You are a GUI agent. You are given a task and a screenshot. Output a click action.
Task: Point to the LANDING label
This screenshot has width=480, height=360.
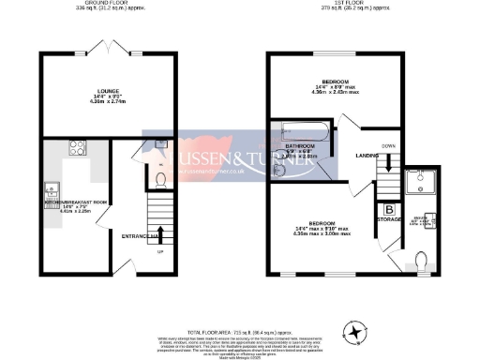click(352, 156)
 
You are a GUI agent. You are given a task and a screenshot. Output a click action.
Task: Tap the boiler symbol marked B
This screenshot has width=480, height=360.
click(388, 210)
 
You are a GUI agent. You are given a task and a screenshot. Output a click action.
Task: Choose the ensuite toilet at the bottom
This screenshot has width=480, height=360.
click(420, 259)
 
